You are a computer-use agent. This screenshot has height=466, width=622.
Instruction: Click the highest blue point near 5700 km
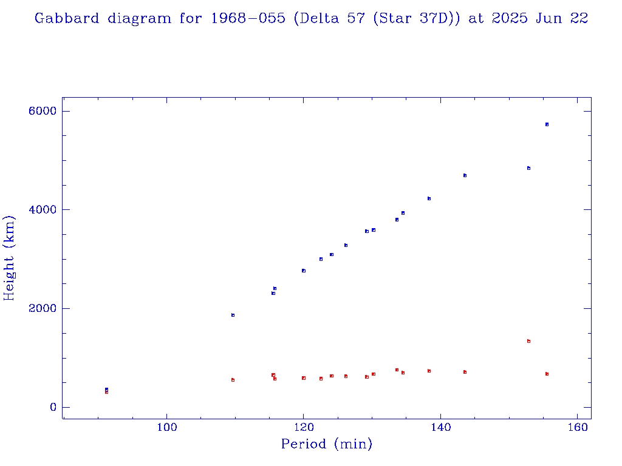pos(547,124)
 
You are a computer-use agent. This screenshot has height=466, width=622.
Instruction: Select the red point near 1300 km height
pos(528,341)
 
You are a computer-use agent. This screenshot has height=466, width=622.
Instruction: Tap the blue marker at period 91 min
pos(106,390)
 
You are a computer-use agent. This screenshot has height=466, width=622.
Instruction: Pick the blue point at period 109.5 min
pos(233,315)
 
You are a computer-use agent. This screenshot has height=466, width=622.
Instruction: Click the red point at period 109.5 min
pos(233,380)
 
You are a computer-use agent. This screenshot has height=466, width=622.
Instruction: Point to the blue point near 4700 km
pos(465,175)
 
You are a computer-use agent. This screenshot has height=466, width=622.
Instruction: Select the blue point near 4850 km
pos(528,168)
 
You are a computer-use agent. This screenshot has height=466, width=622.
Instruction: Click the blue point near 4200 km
pos(429,198)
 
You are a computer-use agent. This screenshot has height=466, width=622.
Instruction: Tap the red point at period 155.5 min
pos(547,374)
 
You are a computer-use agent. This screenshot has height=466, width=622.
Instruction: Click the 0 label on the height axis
pos(53,407)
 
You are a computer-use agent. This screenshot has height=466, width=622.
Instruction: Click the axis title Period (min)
pos(326,445)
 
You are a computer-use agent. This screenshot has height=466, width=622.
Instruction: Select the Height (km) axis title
pos(9,258)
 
